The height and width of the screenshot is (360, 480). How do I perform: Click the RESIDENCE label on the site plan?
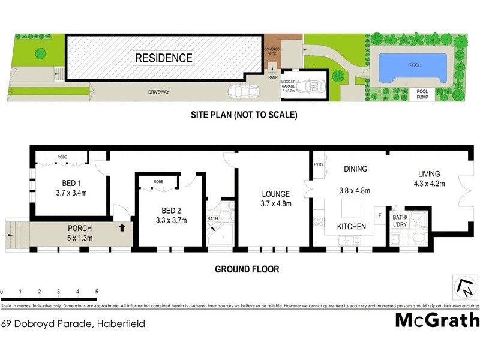pos(164,58)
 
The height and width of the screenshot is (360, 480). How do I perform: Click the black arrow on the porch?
pos(122,227)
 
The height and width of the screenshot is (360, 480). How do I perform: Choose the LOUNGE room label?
pos(275,194)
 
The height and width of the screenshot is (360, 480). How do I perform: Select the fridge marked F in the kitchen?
pos(379,214)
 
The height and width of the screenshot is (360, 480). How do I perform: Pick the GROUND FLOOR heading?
pos(247,269)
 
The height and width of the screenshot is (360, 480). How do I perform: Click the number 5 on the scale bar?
pos(97,292)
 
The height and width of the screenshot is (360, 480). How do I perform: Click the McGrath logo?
pos(437,320)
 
